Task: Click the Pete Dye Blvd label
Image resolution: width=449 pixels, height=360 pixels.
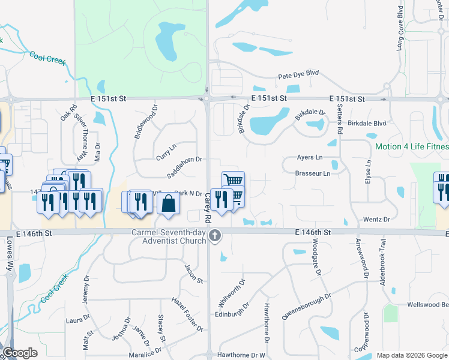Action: coord(298,77)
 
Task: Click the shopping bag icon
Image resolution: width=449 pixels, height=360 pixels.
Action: coord(169,203)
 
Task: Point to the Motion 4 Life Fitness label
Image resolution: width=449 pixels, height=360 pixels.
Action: coord(412,146)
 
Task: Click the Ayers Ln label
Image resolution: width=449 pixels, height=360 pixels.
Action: coord(310,158)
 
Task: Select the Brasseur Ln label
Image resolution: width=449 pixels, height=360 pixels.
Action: coord(313,174)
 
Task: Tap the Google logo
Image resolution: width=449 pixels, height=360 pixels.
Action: coord(19,353)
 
